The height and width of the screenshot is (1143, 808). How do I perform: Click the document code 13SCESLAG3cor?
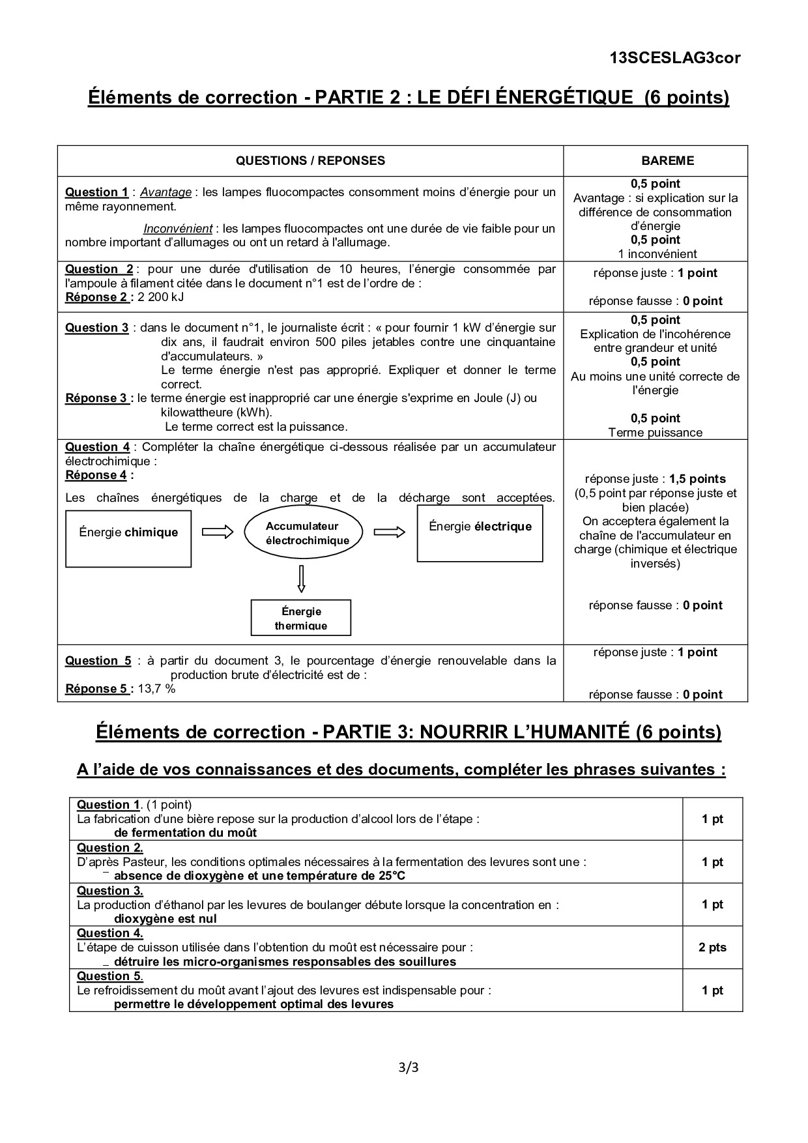coord(675,58)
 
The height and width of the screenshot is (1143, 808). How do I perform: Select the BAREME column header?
coord(655,160)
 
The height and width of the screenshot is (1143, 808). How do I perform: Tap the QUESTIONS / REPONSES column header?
coord(310,160)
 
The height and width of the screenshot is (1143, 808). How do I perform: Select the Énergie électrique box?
coord(480,534)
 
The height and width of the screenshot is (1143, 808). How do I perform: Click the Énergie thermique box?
coord(301,618)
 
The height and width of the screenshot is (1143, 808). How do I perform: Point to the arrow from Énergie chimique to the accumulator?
coord(218,533)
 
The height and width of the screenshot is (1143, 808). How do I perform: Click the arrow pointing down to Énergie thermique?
coord(301,579)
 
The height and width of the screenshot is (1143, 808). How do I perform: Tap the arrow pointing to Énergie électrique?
coord(390,533)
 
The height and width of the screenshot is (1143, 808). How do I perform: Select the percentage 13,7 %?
coord(156,689)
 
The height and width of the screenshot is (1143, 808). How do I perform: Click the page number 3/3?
coord(408,1067)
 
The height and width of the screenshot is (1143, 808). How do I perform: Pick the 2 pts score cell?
coord(712,948)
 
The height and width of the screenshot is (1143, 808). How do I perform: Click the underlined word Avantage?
coord(166,192)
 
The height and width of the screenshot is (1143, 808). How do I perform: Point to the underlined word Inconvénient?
coord(178,229)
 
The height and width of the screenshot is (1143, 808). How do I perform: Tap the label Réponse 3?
coord(96,398)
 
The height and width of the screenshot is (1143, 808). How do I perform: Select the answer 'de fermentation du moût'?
coord(185,833)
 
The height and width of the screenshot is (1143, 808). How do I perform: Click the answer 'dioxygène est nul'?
coord(166,919)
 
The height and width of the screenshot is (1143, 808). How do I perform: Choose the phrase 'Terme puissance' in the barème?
coord(655,433)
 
